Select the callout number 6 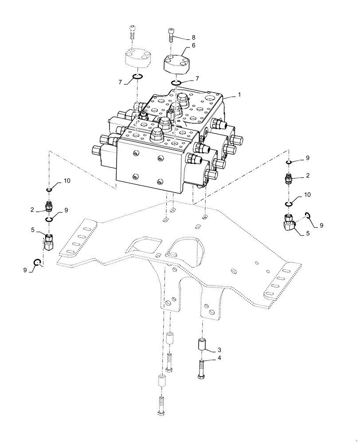tap(194, 45)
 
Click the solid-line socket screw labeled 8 tap(172, 35)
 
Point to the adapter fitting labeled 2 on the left tap(49, 206)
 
